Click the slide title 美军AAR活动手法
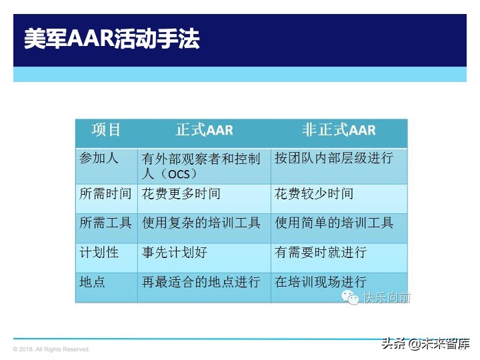click(x=111, y=39)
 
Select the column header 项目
click(x=107, y=130)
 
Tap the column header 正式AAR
click(x=204, y=130)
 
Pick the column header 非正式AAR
click(x=339, y=130)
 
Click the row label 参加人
click(x=99, y=159)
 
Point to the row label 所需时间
click(x=105, y=194)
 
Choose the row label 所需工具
click(x=105, y=223)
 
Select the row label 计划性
click(x=99, y=253)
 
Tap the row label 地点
click(x=92, y=282)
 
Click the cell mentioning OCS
click(x=201, y=166)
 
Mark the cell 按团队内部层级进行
click(x=334, y=159)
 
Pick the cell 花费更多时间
click(x=181, y=194)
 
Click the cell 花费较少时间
click(x=314, y=194)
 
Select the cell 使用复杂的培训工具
click(x=201, y=223)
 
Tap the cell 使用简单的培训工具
click(x=334, y=223)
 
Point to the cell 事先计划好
click(x=174, y=253)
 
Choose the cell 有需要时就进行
click(x=321, y=253)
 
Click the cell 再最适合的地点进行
click(x=201, y=282)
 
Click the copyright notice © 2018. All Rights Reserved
click(x=51, y=349)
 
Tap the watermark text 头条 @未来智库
click(x=425, y=344)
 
